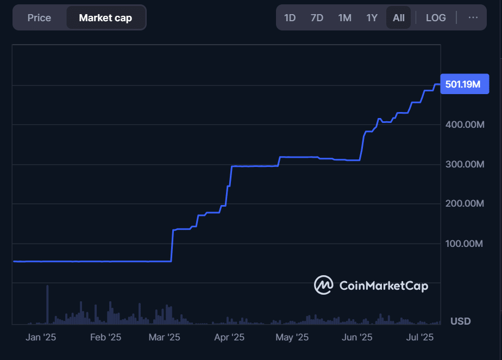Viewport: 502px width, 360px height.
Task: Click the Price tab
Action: coord(39,18)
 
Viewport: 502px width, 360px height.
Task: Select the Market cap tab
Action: coord(105,18)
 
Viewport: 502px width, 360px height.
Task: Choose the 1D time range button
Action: coord(290,18)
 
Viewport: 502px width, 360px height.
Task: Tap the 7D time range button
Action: coord(317,18)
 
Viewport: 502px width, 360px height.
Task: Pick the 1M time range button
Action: coord(344,18)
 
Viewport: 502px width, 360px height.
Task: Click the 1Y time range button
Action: coord(372,18)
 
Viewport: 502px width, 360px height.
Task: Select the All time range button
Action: coord(399,18)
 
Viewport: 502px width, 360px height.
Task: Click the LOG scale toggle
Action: coord(436,18)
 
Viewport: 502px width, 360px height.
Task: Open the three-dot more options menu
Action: coord(473,18)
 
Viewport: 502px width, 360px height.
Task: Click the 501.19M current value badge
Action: coord(465,84)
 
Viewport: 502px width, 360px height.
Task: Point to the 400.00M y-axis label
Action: coord(465,125)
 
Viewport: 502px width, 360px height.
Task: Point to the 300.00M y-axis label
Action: coord(465,164)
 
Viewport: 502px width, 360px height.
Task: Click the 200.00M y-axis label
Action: coord(465,204)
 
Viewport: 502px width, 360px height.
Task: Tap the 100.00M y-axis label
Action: coord(465,244)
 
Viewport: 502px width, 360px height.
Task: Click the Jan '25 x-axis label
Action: coord(41,338)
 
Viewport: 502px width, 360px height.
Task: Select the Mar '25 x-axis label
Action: coord(164,338)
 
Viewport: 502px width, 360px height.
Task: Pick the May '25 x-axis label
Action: coord(292,338)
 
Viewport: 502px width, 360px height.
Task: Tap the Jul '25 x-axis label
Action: coord(420,338)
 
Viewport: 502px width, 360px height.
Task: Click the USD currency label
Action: coord(461,321)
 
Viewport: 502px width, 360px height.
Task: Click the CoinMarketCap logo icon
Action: coord(324,285)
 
